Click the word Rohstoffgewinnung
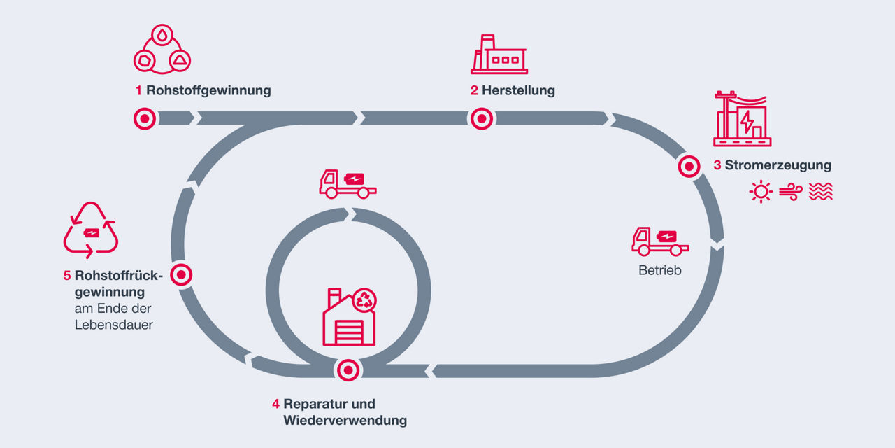pyautogui.click(x=208, y=90)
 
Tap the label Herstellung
pyautogui.click(x=518, y=90)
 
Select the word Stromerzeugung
pyautogui.click(x=778, y=166)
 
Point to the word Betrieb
pyautogui.click(x=659, y=269)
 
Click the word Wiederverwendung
pyautogui.click(x=345, y=421)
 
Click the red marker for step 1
pyautogui.click(x=145, y=118)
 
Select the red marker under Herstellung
pyautogui.click(x=481, y=118)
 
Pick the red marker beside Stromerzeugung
pyautogui.click(x=689, y=167)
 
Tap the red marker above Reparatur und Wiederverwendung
pyautogui.click(x=348, y=370)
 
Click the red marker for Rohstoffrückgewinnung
pyautogui.click(x=181, y=275)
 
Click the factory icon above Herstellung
pyautogui.click(x=499, y=55)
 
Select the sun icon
pyautogui.click(x=760, y=192)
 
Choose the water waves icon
pyautogui.click(x=821, y=192)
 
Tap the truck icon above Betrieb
pyautogui.click(x=660, y=241)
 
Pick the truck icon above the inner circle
pyautogui.click(x=348, y=184)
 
